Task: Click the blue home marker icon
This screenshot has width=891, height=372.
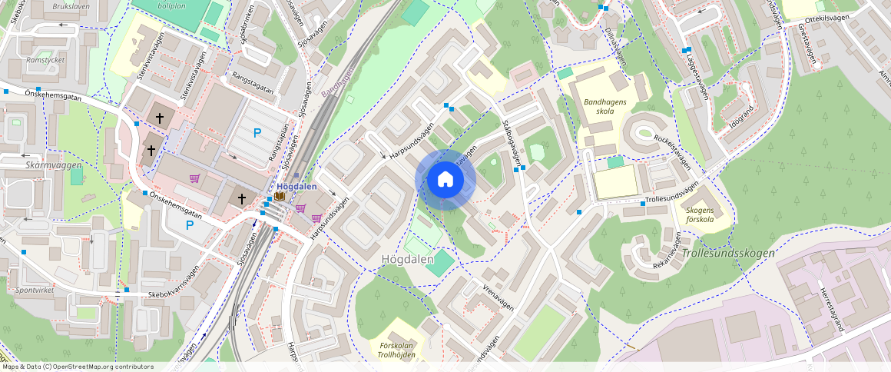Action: (445, 180)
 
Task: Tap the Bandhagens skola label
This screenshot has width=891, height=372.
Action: (605, 106)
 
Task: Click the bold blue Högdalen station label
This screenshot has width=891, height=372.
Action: (296, 187)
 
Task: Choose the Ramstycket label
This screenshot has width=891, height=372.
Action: (45, 59)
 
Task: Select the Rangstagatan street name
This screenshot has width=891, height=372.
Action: (253, 84)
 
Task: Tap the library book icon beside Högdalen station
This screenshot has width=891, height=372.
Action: (280, 198)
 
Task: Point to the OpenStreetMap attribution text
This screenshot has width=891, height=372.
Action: (77, 367)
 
